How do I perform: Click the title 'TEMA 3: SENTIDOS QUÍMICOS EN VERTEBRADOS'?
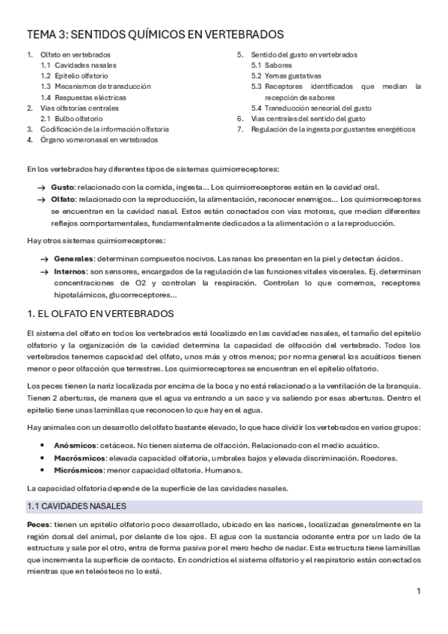pyautogui.click(x=155, y=34)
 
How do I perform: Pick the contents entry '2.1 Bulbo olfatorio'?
pyautogui.click(x=71, y=118)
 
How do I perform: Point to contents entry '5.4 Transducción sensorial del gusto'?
pyautogui.click(x=311, y=108)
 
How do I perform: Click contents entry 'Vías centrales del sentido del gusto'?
pyautogui.click(x=308, y=118)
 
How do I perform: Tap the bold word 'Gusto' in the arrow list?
pyautogui.click(x=63, y=187)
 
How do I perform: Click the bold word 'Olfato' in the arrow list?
pyautogui.click(x=64, y=200)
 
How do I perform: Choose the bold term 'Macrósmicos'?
pyautogui.click(x=79, y=458)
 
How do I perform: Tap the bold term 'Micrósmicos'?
pyautogui.click(x=78, y=470)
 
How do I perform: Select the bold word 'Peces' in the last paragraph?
pyautogui.click(x=38, y=525)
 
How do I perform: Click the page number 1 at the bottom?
pyautogui.click(x=419, y=591)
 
